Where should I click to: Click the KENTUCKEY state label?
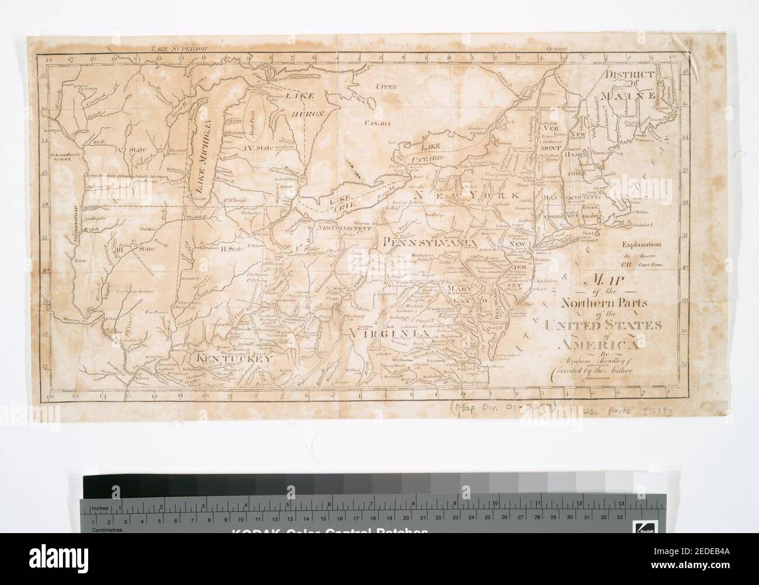232,360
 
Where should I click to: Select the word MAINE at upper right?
631,93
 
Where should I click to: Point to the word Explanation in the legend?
642,245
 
